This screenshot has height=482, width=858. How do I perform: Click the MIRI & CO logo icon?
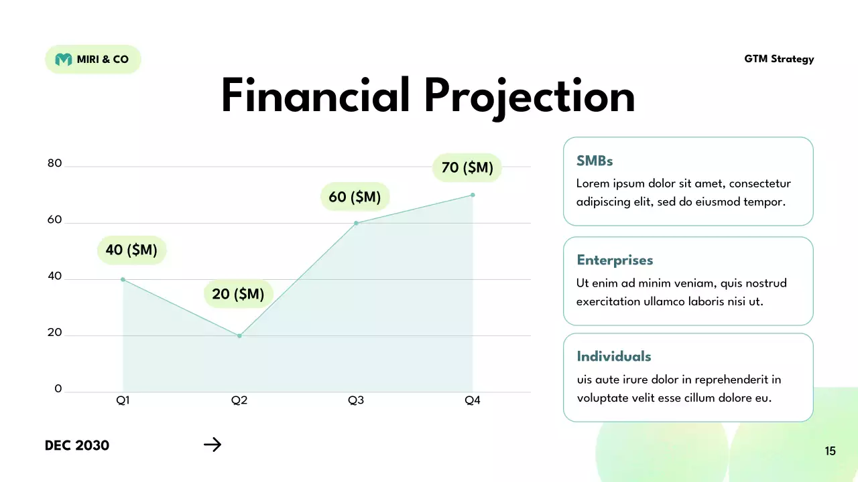pos(63,60)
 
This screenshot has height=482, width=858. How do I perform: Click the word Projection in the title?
pos(529,96)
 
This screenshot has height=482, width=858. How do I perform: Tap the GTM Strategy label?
pos(779,59)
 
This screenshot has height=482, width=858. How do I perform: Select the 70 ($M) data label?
pos(467,167)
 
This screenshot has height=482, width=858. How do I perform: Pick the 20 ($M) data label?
pos(238,294)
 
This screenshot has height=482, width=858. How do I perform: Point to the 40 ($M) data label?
pos(131,250)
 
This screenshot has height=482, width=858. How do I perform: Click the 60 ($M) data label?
pos(355,197)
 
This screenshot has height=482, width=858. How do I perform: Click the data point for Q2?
pos(239,336)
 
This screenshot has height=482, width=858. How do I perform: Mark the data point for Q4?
pos(473,195)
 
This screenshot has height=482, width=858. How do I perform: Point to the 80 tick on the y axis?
pos(54,163)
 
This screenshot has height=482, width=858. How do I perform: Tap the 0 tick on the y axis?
pos(58,389)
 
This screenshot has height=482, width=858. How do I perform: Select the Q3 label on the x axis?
pos(356,400)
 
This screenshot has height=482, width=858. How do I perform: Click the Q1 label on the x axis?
pos(123,400)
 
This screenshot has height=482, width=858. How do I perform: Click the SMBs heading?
pos(595,161)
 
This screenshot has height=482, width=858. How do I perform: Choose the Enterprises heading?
pos(615,260)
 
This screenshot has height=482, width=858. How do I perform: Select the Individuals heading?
pos(613,356)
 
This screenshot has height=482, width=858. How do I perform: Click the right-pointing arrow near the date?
pos(212,445)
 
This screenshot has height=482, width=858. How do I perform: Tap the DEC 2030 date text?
pos(77,445)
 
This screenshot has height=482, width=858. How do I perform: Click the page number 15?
pos(830,451)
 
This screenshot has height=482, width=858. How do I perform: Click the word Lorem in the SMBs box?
pos(593,183)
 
